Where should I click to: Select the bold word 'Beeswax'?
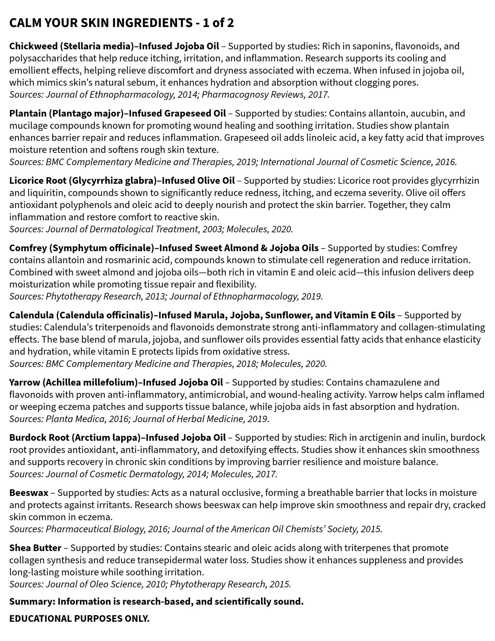[29, 493]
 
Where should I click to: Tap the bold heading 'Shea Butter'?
[35, 548]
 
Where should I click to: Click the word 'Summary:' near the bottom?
[32, 602]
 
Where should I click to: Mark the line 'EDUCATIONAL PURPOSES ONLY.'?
[79, 619]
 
